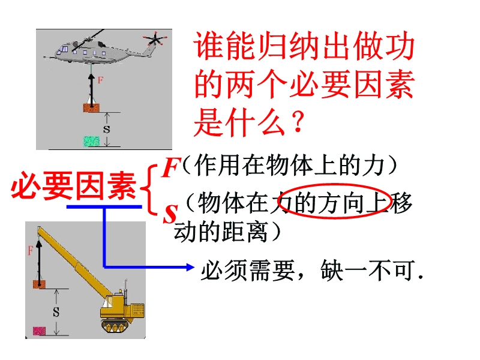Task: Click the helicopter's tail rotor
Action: point(155,39)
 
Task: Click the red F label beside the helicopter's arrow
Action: point(100,80)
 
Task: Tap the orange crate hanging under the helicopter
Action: point(92,108)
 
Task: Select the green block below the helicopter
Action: point(92,141)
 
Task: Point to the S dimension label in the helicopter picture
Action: point(107,130)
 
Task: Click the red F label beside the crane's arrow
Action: point(30,251)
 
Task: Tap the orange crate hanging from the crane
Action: point(39,284)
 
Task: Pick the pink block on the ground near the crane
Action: point(39,331)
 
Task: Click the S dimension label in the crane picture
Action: point(56,312)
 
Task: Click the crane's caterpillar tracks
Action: point(115,325)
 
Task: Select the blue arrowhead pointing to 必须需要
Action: point(190,267)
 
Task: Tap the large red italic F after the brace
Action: point(170,167)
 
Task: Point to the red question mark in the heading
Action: point(297,122)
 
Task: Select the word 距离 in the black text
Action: point(245,232)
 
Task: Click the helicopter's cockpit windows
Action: point(64,50)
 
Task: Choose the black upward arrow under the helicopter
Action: point(91,89)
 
